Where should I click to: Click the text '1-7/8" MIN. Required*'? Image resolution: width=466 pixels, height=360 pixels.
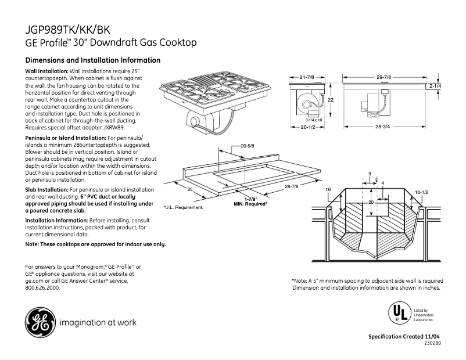pos(250,201)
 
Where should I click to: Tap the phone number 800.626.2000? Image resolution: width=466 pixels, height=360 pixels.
pos(42,287)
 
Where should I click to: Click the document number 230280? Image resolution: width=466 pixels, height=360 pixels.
pos(432,344)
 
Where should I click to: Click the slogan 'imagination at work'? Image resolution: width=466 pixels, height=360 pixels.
pos(98,322)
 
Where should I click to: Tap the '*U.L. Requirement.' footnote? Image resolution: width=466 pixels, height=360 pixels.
pos(183,207)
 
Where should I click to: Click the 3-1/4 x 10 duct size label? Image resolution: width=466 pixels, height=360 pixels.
pos(306,120)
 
